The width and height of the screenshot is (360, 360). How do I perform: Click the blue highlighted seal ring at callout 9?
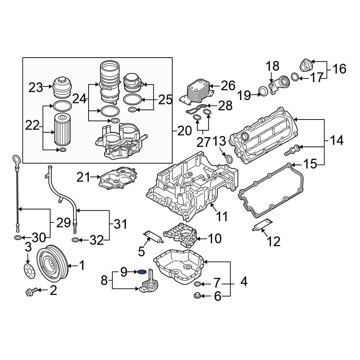(142, 271)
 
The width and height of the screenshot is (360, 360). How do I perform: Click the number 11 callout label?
(222, 216)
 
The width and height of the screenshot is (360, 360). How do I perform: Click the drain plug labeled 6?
(197, 296)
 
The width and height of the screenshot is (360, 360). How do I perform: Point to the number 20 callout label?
(184, 131)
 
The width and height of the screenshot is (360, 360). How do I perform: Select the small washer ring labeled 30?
(17, 238)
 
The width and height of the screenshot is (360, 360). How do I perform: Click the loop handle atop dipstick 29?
(16, 158)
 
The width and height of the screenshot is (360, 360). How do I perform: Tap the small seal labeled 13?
(228, 157)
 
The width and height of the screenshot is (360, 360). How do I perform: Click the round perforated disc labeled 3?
(29, 271)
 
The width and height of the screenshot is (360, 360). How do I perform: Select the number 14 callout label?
(337, 141)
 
